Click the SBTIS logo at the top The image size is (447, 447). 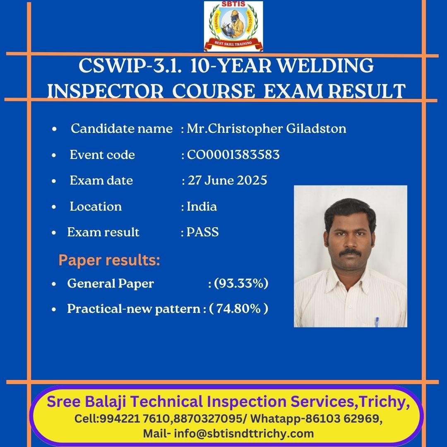coord(233,26)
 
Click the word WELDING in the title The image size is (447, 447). coord(325,65)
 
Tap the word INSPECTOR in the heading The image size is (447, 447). coord(106,91)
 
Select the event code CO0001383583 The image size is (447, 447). coord(233,155)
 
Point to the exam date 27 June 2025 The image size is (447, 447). coord(227,180)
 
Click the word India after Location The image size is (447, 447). coord(202,207)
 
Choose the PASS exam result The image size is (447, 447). coord(202,232)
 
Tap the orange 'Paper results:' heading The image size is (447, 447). coord(109,260)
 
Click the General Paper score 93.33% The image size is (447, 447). coord(241,284)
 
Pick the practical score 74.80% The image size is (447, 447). coord(239,309)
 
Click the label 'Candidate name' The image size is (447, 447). coord(122,129)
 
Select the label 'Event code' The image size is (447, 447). coord(102,155)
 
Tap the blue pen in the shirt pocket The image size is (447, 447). coord(377,322)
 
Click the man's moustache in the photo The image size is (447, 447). coord(351,252)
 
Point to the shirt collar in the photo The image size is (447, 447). coord(350,281)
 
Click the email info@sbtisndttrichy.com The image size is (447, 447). coord(244,434)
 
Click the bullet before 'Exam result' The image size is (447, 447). coord(54,233)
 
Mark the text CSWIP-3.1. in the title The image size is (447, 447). coord(130,65)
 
